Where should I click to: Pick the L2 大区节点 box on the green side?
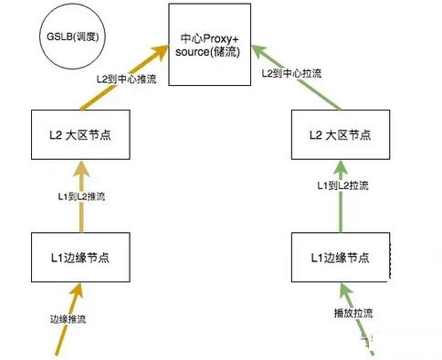tap(341, 135)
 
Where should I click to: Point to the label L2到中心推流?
tap(126, 79)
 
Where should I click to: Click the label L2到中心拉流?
tap(292, 71)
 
